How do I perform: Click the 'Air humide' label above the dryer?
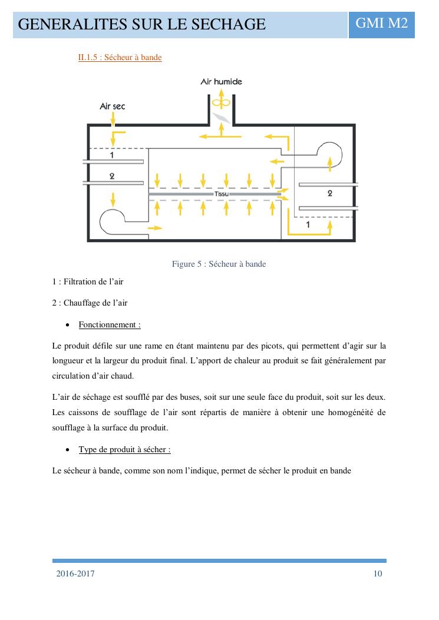pyautogui.click(x=221, y=82)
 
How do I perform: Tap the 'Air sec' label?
pyautogui.click(x=112, y=107)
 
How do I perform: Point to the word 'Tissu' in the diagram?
pyautogui.click(x=221, y=194)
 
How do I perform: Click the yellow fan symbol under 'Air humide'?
pyautogui.click(x=221, y=102)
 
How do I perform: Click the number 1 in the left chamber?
pyautogui.click(x=112, y=155)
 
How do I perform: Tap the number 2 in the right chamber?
pyautogui.click(x=329, y=193)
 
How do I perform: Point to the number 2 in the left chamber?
pyautogui.click(x=112, y=176)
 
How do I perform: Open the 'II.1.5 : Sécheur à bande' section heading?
pyautogui.click(x=120, y=58)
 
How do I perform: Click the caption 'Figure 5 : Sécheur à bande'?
pyautogui.click(x=219, y=264)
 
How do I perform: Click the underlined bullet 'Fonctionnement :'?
pyautogui.click(x=110, y=324)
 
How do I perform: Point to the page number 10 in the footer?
pyautogui.click(x=378, y=574)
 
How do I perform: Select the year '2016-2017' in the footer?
pyautogui.click(x=75, y=574)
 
